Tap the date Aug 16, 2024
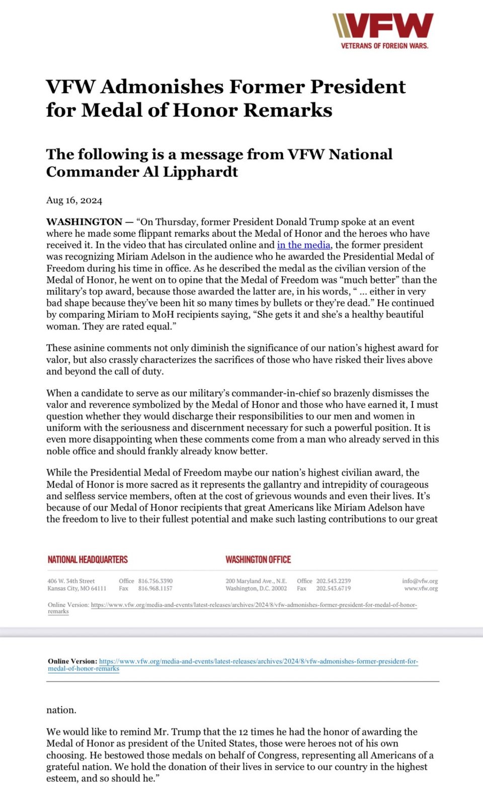pos(74,201)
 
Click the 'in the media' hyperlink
pos(303,245)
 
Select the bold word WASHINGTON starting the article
pos(84,222)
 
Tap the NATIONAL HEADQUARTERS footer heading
pos(88,560)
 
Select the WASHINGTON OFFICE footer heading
pos(258,560)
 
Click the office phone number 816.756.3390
pos(155,581)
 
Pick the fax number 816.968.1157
pos(155,588)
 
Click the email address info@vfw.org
pos(420,581)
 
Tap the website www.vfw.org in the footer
pos(421,588)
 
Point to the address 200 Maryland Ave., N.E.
pos(256,581)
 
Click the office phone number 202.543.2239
pos(333,581)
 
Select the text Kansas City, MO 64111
pos(76,588)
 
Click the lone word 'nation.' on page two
pos(61,710)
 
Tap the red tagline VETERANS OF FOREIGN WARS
pos(384,46)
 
